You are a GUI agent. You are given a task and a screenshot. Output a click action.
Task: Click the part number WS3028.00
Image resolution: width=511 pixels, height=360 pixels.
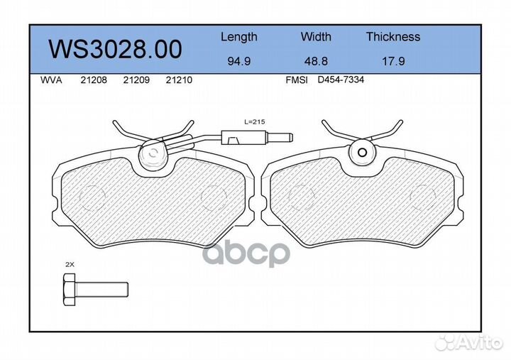click(114, 49)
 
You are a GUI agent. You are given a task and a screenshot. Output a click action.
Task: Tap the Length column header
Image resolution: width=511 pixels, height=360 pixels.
click(238, 37)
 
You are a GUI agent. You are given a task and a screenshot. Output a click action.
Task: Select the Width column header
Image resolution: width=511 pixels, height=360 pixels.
click(316, 37)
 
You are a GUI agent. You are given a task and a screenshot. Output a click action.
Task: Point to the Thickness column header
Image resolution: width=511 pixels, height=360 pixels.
click(392, 37)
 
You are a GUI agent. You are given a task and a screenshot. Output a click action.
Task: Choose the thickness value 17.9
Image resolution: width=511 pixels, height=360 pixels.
click(392, 61)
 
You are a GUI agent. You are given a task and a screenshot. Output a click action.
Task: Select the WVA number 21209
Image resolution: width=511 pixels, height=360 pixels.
click(136, 80)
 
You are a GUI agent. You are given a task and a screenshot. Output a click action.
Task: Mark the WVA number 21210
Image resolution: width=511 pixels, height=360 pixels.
click(178, 80)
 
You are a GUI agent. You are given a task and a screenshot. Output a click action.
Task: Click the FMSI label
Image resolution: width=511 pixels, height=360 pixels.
click(296, 80)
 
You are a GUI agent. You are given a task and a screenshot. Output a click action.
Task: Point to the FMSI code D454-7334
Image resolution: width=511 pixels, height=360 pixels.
click(341, 80)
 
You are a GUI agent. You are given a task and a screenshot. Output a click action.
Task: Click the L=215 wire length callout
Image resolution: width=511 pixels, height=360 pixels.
click(253, 122)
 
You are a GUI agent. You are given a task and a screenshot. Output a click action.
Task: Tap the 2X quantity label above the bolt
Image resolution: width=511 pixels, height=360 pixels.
click(70, 264)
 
